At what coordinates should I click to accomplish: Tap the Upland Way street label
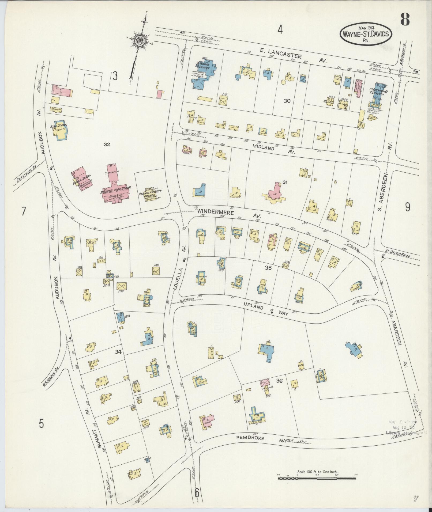click(x=265, y=309)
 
